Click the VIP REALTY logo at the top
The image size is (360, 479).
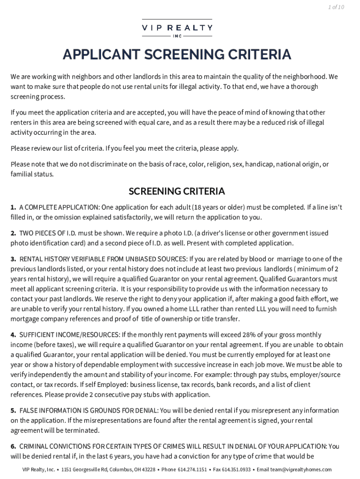click(x=177, y=28)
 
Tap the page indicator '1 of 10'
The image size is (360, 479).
click(x=336, y=7)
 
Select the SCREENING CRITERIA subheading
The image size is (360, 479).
click(x=177, y=191)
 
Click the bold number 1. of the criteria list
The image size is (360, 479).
click(x=14, y=207)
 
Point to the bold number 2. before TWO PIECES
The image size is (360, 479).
click(x=14, y=233)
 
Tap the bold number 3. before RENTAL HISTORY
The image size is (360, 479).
click(x=14, y=259)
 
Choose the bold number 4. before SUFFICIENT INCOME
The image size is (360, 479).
click(x=14, y=334)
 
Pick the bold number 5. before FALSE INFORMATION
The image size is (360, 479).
click(x=14, y=410)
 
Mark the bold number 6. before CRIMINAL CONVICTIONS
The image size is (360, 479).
click(x=14, y=446)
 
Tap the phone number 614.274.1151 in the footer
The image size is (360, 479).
click(x=192, y=470)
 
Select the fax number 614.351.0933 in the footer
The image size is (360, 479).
click(x=236, y=470)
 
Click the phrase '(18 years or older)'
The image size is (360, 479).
click(x=187, y=207)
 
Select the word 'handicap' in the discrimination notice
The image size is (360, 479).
click(x=262, y=164)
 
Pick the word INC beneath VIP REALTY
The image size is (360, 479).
click(x=177, y=36)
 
